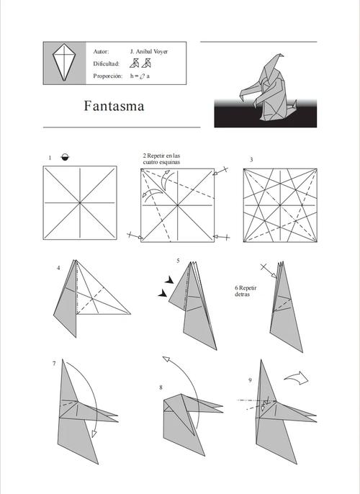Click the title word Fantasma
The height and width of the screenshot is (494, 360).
pos(114,106)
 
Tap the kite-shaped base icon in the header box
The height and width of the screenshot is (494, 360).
pos(64,62)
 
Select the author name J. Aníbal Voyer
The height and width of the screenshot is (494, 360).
pos(149,51)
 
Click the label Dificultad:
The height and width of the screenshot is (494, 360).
pos(107,63)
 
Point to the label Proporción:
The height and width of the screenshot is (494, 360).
pos(108,76)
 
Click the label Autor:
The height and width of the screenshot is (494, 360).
pos(101,51)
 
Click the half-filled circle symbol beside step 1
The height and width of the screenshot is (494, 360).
pos(66,157)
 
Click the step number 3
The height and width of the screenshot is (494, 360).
pos(251,160)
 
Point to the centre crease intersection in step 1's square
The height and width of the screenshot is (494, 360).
pos(80,202)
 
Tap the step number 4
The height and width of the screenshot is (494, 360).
pos(58,268)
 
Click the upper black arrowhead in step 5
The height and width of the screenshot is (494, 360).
pos(169,279)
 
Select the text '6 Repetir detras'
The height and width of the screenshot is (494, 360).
pos(246,291)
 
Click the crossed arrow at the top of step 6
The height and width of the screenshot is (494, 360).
pos(269,271)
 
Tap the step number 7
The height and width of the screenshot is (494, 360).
pos(54,364)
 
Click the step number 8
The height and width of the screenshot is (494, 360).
pos(161,387)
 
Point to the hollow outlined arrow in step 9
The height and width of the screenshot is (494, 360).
pos(297,377)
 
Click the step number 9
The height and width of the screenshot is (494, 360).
pos(250,380)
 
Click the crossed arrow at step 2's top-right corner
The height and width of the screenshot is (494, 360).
pos(220,171)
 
